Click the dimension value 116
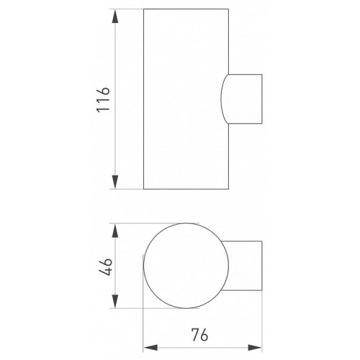pos(103,99)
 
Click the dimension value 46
pos(106,266)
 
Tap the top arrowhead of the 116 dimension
pos(115,17)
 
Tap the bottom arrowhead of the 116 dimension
pos(115,182)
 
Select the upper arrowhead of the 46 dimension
pos(115,231)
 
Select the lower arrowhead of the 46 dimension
pos(115,301)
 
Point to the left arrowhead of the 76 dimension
pos(150,347)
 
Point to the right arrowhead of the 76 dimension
pos(255,347)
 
